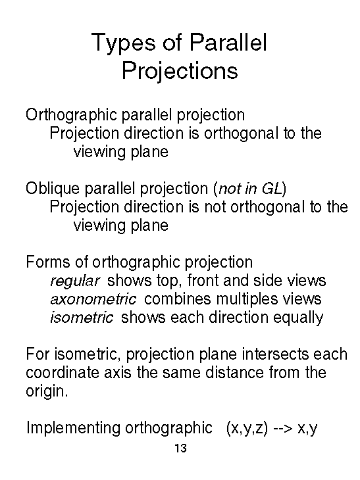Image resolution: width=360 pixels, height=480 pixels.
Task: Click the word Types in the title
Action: (124, 43)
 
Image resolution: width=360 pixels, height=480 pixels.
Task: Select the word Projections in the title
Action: (180, 72)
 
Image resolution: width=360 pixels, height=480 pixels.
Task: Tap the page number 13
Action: (180, 448)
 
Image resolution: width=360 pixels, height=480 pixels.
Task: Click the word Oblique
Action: (53, 189)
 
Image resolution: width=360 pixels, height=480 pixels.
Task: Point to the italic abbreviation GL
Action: (272, 189)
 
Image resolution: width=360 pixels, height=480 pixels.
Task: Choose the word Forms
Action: (48, 262)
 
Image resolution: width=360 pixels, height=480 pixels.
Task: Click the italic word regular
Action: (75, 281)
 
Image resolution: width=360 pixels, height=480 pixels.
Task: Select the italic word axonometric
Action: (93, 299)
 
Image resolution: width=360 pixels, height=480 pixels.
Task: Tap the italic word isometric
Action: (82, 318)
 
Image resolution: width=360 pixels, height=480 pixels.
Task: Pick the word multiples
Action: (247, 300)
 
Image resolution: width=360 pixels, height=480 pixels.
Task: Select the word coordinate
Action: (63, 373)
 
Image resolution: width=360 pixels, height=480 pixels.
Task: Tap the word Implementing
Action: (73, 428)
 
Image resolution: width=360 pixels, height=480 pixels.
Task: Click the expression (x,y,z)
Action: (247, 428)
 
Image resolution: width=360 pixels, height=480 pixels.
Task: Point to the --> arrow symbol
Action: (283, 429)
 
